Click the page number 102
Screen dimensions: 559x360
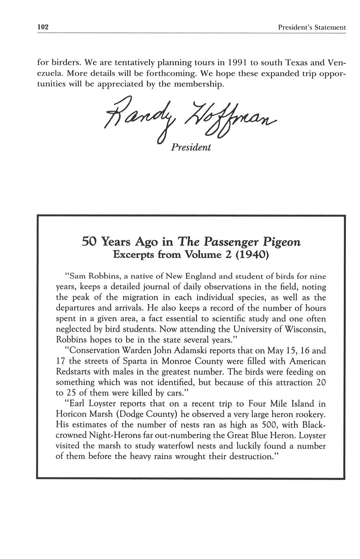click(43, 27)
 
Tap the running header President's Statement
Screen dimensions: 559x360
click(312, 28)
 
